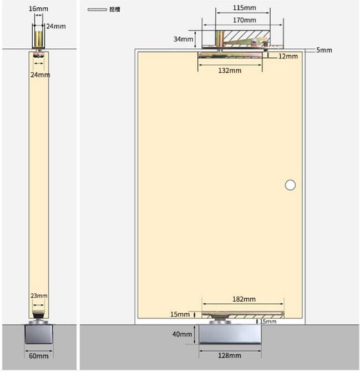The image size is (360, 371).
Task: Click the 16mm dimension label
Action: pyautogui.click(x=38, y=9)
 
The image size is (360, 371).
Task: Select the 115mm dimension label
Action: pyautogui.click(x=245, y=8)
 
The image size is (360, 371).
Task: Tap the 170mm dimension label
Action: pyautogui.click(x=245, y=20)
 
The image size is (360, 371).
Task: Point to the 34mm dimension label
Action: pyautogui.click(x=183, y=39)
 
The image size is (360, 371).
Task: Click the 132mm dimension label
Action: pyautogui.click(x=230, y=71)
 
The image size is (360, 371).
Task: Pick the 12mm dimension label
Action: pyautogui.click(x=288, y=56)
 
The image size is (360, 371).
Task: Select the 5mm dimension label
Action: pyautogui.click(x=324, y=50)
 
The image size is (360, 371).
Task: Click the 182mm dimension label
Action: pyautogui.click(x=244, y=299)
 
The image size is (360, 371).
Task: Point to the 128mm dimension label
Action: pyautogui.click(x=230, y=355)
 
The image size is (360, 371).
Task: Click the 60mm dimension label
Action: pyautogui.click(x=38, y=355)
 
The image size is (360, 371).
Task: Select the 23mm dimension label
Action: pyautogui.click(x=39, y=296)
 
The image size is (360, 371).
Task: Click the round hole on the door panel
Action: pyautogui.click(x=290, y=185)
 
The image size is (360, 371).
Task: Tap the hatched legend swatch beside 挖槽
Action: pyautogui.click(x=97, y=9)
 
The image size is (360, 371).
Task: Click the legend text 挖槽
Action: pyautogui.click(x=114, y=9)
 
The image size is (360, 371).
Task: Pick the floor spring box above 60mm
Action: pyautogui.click(x=38, y=334)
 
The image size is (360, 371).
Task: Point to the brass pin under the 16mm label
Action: pyautogui.click(x=39, y=39)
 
